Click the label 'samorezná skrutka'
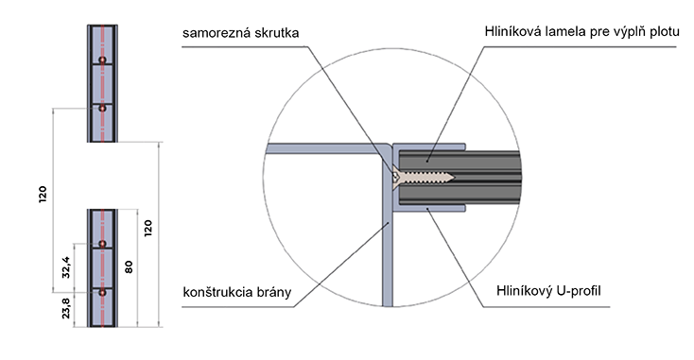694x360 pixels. coord(240,33)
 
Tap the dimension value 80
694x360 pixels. coord(129,266)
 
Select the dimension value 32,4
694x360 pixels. coord(66,267)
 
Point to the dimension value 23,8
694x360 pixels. coord(66,308)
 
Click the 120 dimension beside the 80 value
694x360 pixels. coord(147,228)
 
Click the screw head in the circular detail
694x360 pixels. coord(395,177)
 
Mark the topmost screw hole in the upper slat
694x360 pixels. coord(102,60)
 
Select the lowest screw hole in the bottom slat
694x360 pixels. coord(102,292)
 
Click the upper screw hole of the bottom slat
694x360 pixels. coord(102,244)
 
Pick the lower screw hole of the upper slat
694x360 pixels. coord(102,108)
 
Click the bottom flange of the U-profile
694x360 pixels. coord(429,208)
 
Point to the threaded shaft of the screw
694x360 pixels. coord(425,177)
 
